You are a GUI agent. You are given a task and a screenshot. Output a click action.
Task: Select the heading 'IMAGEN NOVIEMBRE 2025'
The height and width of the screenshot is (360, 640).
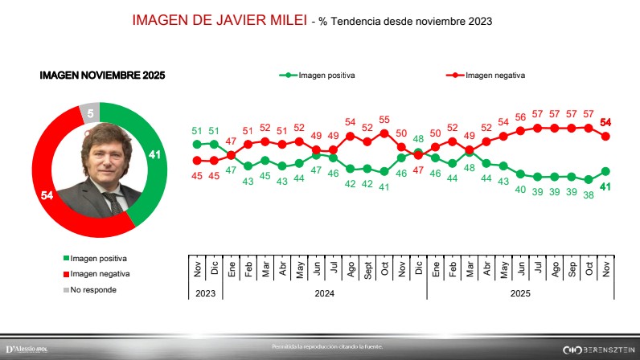pyautogui.click(x=102, y=76)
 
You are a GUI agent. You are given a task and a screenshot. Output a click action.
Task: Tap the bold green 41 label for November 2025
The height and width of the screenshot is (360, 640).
pyautogui.click(x=607, y=186)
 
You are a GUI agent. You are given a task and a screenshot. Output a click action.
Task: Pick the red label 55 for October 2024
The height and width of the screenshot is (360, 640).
pyautogui.click(x=384, y=119)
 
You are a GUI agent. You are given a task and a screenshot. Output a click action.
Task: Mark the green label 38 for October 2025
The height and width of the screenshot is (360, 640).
pyautogui.click(x=589, y=194)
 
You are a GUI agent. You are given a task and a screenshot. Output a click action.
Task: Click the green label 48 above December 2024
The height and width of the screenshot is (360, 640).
pyautogui.click(x=418, y=139)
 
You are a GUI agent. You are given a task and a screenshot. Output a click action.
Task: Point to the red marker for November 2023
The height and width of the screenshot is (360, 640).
pyautogui.click(x=197, y=160)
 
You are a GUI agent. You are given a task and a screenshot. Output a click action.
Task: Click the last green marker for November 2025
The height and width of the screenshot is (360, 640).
pyautogui.click(x=606, y=171)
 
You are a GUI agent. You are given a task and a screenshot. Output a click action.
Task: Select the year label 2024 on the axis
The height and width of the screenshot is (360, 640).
pyautogui.click(x=324, y=294)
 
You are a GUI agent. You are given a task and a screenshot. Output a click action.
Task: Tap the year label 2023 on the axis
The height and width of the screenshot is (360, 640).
pyautogui.click(x=206, y=294)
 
